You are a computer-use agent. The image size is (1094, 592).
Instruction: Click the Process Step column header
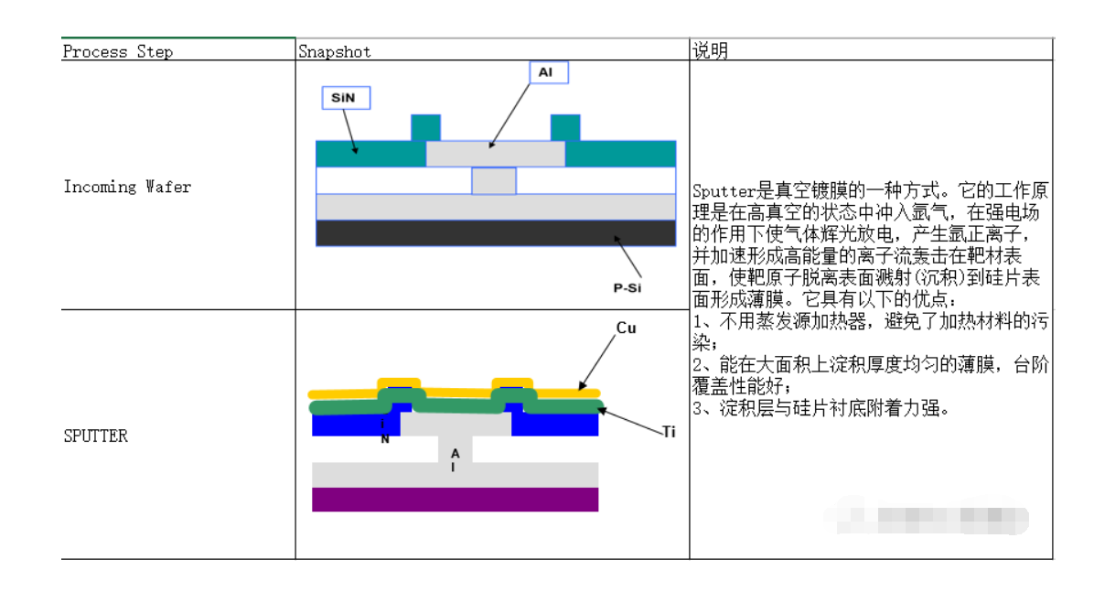click(x=117, y=51)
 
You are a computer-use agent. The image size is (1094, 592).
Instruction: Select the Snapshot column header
click(x=335, y=51)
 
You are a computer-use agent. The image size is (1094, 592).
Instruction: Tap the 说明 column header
click(x=711, y=51)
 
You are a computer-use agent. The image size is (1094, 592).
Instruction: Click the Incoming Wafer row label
click(x=127, y=187)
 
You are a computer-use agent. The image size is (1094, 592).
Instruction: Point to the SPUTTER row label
click(x=96, y=436)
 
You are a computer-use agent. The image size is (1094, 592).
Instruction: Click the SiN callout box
click(x=346, y=98)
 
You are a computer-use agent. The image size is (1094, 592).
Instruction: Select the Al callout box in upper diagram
click(x=546, y=72)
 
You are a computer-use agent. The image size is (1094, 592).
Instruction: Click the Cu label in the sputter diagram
click(x=626, y=328)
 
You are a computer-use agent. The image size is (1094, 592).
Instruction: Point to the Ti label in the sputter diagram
click(x=669, y=432)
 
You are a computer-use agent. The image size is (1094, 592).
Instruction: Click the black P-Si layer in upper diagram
click(x=495, y=233)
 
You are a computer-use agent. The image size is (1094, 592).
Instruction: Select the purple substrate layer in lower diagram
click(x=455, y=500)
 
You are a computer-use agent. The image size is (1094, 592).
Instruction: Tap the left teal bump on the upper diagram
click(x=425, y=127)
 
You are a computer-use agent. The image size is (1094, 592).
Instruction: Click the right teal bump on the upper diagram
click(x=564, y=127)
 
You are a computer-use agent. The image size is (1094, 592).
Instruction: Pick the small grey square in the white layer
click(x=494, y=180)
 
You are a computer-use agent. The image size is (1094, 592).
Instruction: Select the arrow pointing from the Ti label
click(x=631, y=418)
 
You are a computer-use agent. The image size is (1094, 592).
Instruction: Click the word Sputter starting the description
click(x=720, y=191)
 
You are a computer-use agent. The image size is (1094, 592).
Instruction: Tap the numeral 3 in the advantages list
click(x=697, y=408)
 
